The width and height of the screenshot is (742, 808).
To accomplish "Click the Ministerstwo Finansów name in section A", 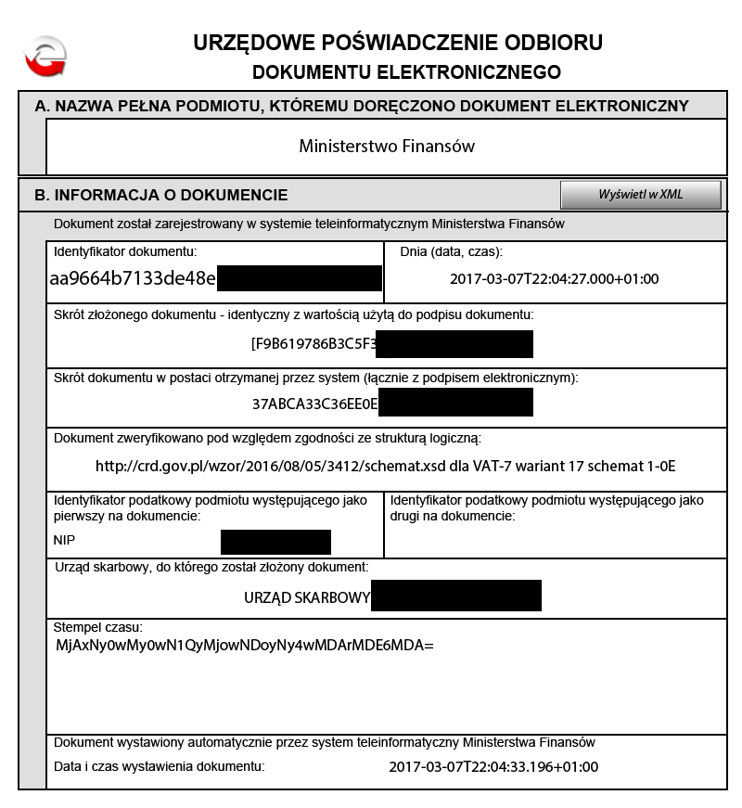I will tap(387, 147).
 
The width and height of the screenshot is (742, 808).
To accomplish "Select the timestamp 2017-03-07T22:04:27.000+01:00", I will tap(555, 278).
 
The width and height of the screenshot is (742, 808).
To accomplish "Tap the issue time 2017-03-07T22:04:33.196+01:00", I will tap(493, 767).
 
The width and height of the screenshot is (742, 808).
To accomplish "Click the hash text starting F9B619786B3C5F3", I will tap(313, 343).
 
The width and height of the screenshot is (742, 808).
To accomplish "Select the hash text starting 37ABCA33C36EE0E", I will tap(314, 404).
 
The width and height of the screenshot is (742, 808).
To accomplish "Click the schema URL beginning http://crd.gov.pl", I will tap(386, 466).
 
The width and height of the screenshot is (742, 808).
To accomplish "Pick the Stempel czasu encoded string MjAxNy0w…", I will tap(245, 644).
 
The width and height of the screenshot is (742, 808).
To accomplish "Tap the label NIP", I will tap(65, 541).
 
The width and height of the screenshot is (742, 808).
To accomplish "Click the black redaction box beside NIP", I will tap(275, 542).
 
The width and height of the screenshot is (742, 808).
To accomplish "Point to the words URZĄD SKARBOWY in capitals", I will tap(307, 596).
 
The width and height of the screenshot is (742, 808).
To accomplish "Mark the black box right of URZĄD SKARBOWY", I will tap(455, 596).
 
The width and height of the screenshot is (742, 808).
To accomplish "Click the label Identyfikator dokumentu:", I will tap(125, 251).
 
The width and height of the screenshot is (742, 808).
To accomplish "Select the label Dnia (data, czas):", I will tap(451, 251).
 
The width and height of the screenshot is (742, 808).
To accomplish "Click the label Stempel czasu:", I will tap(97, 628).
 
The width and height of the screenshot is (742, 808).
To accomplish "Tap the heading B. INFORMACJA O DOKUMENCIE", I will tap(161, 196).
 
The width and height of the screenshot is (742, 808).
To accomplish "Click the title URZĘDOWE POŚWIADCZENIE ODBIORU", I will tap(398, 43).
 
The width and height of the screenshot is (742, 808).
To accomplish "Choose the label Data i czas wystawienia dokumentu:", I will tap(160, 766).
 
